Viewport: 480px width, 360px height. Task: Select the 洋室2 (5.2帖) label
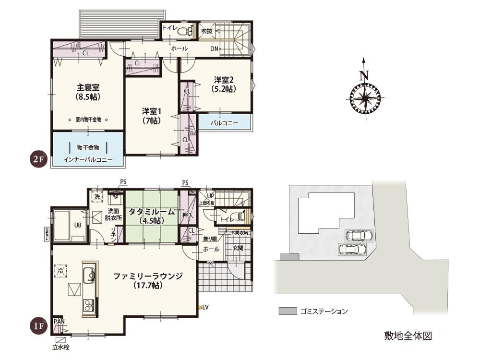pos(224,84)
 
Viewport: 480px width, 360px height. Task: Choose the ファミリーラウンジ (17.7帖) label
pos(148,280)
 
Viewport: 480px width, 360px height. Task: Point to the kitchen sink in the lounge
pos(90,276)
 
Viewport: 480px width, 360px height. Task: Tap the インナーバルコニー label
pos(88,159)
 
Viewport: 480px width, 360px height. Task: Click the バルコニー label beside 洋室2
pos(224,123)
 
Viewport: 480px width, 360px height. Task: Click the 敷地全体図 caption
pos(408,336)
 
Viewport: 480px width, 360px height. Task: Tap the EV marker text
pos(205,307)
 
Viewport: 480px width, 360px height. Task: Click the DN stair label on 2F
pos(214,49)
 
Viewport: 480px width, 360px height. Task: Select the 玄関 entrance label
pos(238,249)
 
